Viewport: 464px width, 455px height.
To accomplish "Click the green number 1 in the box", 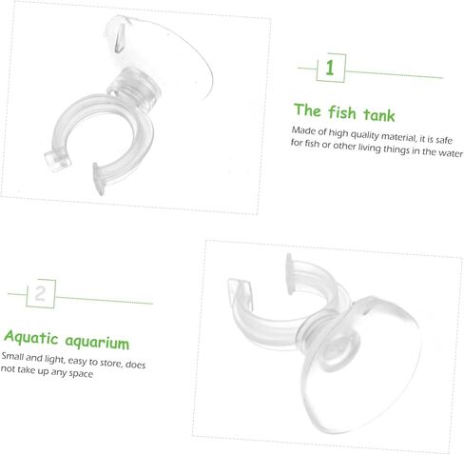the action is tap(330, 68).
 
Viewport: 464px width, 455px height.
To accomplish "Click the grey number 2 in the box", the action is tap(40, 293).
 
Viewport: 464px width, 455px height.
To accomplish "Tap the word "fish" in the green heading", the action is tap(342, 112).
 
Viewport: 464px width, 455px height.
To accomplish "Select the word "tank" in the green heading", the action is tap(379, 114).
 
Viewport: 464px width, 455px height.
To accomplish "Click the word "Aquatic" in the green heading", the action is tap(31, 337).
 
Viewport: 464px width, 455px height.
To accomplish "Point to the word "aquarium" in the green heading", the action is tap(97, 342).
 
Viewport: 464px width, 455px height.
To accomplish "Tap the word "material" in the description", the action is tap(398, 137).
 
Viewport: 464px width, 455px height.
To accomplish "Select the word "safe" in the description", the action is tap(444, 140).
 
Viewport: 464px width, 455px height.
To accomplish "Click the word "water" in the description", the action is tap(451, 153).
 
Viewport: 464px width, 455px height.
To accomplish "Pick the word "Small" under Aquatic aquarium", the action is tap(12, 356).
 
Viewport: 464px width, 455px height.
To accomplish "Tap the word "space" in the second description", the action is tap(81, 373).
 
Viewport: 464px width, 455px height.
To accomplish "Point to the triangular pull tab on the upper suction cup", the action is tap(120, 38).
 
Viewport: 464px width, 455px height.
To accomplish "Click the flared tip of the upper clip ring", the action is tap(99, 178).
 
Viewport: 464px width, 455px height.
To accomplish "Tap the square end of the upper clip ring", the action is tap(57, 160).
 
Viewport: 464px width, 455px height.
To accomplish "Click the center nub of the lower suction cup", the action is tap(339, 350).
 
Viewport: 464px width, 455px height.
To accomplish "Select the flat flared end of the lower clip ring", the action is tap(289, 273).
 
